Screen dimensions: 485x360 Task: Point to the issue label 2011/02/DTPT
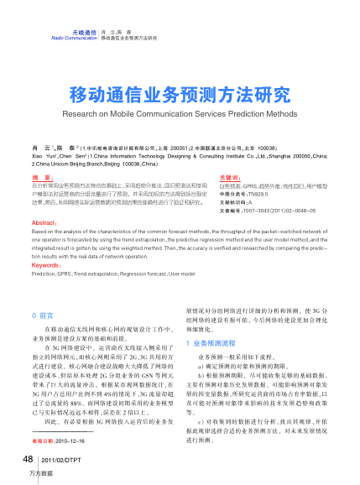click(x=59, y=461)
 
